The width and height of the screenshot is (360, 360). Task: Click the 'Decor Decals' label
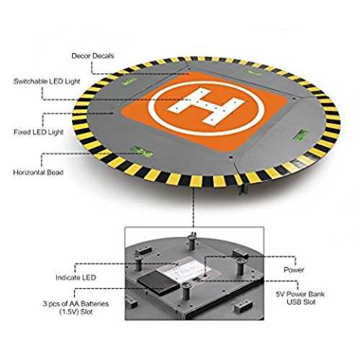coord(93,56)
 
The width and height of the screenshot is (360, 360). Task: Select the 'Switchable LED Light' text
coord(47,81)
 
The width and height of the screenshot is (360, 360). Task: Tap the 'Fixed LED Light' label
coord(38,132)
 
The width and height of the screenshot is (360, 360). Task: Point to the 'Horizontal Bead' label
coord(38,172)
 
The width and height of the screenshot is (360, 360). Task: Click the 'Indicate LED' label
coord(76,278)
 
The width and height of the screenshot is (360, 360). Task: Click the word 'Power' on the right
coord(294,270)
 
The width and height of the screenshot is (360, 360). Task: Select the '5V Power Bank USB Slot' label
coord(300,298)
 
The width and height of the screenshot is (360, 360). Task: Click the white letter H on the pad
coord(207,106)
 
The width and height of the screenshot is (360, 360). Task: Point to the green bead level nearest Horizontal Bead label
coord(142,151)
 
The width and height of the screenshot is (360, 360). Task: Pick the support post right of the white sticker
coord(240,267)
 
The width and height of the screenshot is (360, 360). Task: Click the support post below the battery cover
coord(185,291)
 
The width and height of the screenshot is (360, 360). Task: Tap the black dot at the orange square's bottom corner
coord(230,158)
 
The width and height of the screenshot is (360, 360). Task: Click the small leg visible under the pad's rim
coord(243,189)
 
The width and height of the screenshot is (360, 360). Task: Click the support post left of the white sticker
coord(138,263)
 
